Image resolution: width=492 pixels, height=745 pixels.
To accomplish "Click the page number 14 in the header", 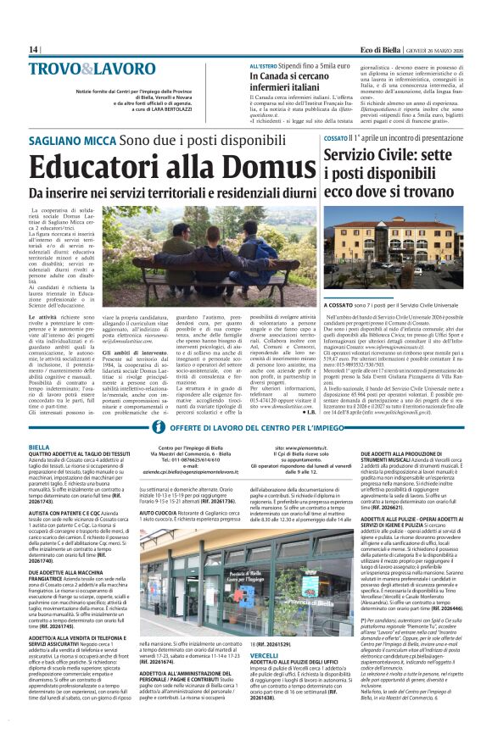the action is (x=33, y=49).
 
